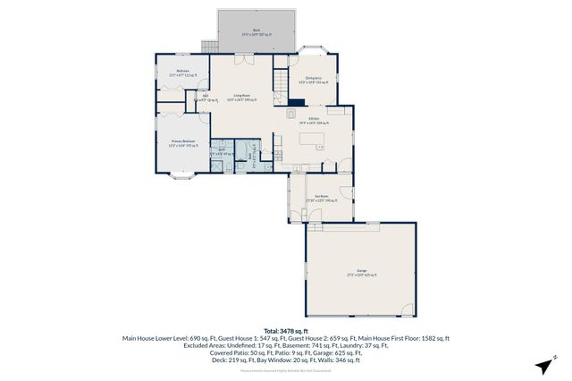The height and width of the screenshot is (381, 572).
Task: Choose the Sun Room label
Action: (x=321, y=198)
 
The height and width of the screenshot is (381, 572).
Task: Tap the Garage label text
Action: (x=361, y=271)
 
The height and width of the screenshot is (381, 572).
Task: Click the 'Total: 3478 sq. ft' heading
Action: (x=285, y=331)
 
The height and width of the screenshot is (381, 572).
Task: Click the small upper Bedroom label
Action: (x=182, y=72)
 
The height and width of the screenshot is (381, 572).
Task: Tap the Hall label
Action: (x=205, y=97)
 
